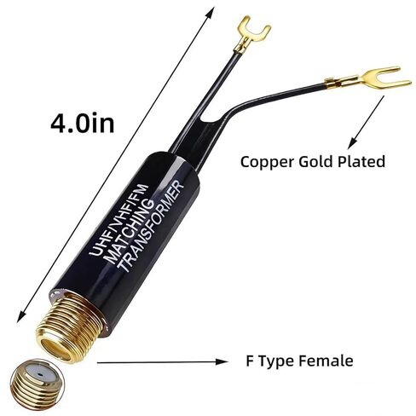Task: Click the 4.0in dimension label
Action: (x=83, y=124)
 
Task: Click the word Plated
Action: (x=361, y=161)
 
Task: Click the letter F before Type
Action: (x=249, y=361)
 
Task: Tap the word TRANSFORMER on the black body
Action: (x=151, y=226)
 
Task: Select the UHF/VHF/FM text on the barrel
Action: (x=118, y=220)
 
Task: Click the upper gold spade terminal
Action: (x=251, y=35)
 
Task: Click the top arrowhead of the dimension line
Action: (x=211, y=13)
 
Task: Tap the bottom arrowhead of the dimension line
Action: (x=21, y=316)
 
